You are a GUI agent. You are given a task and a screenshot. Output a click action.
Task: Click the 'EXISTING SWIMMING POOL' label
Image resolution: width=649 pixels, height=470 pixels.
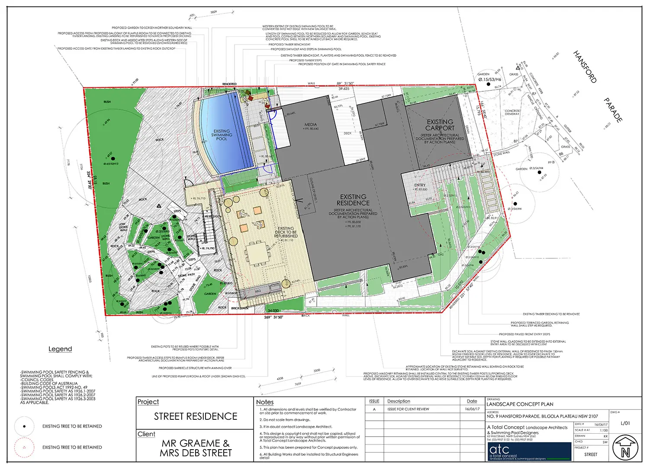222,135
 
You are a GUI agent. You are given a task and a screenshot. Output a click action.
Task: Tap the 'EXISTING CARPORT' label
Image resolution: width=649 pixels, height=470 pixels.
440,125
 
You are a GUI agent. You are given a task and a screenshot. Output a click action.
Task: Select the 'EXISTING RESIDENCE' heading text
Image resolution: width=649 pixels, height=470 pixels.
353,200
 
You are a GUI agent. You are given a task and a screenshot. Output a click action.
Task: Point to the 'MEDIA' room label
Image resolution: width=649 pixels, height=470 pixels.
310,125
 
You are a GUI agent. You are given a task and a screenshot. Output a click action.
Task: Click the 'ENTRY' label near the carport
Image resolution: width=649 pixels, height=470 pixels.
420,185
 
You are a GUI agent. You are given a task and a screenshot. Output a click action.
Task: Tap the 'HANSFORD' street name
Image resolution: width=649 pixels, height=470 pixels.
585,67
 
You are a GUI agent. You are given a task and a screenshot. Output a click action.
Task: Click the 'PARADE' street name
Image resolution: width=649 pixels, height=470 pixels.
613,110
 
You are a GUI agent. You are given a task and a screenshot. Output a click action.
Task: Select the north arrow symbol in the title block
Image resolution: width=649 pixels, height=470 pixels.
625,448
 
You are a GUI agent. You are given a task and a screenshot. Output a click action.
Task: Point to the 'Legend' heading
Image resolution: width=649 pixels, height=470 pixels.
60,349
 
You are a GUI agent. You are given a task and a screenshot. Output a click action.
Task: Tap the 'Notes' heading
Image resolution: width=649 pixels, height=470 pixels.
265,402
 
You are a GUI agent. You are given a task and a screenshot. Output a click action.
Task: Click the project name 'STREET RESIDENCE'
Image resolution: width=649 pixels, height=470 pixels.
196,416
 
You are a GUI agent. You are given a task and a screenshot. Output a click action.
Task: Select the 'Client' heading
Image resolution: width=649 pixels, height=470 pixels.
146,434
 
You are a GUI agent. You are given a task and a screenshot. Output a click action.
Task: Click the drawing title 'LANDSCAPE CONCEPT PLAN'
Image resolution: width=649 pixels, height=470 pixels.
520,404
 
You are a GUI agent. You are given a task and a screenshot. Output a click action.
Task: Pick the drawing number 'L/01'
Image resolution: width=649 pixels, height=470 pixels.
625,423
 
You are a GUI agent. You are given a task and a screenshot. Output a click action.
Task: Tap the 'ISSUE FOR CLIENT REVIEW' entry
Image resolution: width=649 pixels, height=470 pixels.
408,409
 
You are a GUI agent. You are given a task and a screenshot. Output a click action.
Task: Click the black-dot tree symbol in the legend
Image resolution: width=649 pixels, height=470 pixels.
25,426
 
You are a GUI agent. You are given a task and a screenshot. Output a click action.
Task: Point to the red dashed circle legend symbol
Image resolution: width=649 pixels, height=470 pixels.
25,447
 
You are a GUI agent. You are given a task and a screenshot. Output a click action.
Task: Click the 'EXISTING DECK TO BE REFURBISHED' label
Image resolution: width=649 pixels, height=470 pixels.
286,232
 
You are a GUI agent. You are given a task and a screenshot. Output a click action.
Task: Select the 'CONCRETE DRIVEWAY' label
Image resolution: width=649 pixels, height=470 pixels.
512,113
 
